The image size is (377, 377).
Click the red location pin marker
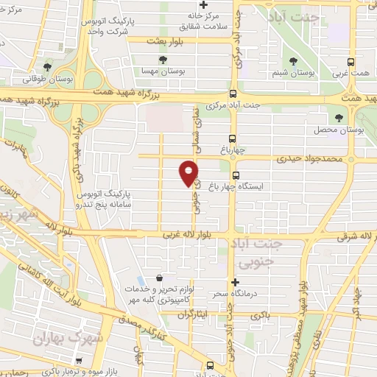click(x=188, y=173)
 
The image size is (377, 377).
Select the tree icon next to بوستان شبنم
click(x=294, y=60)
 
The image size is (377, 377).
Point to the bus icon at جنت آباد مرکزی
click(x=233, y=94)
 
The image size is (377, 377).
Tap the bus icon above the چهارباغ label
click(x=233, y=138)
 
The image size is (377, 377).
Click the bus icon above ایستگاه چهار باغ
click(x=236, y=175)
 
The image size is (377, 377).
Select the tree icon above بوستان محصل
click(x=339, y=117)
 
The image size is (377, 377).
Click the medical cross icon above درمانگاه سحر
click(x=234, y=282)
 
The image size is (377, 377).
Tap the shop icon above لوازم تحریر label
click(x=159, y=279)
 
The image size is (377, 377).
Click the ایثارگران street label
click(x=194, y=314)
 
